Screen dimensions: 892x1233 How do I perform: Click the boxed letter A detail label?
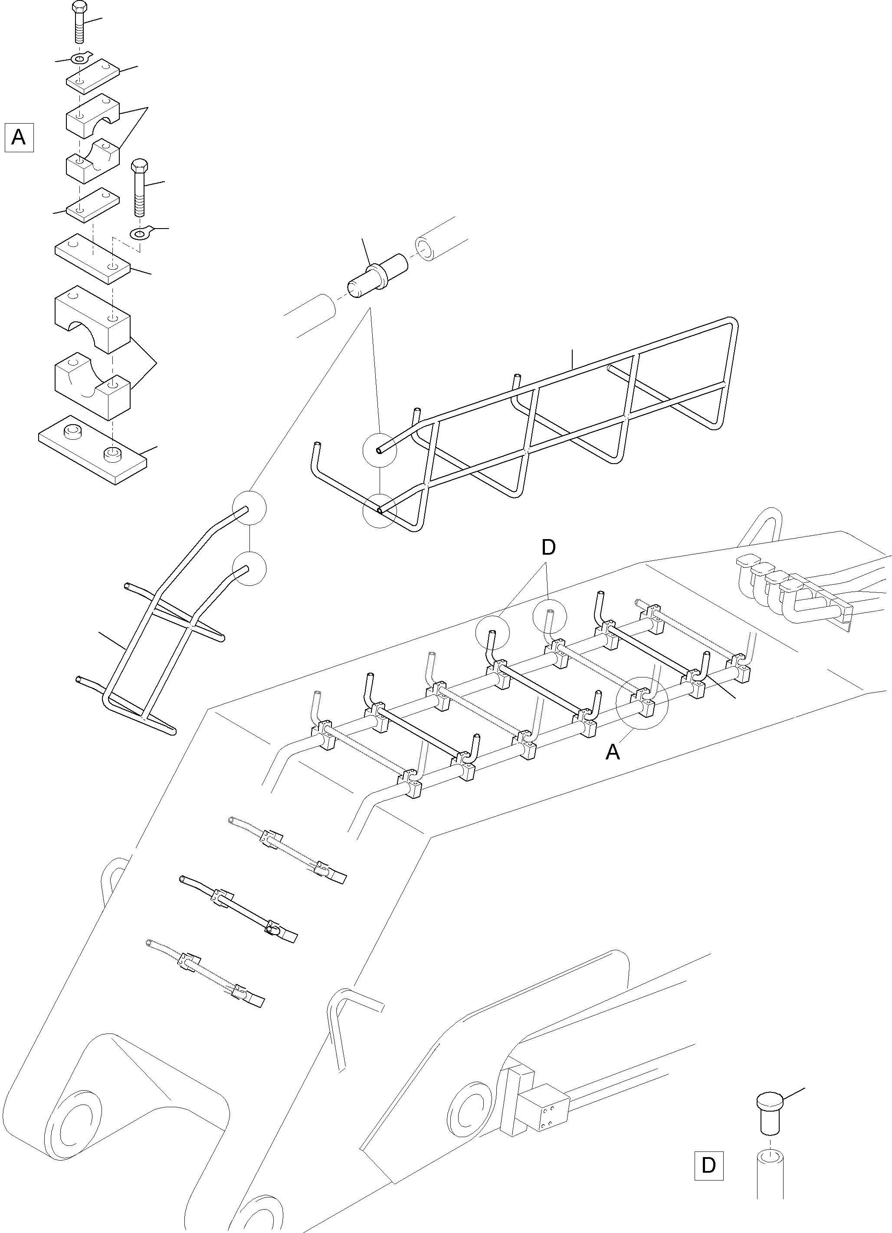click(x=19, y=137)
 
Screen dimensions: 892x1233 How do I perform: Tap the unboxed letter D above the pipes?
click(x=548, y=547)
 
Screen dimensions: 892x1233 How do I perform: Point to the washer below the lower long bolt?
click(x=141, y=234)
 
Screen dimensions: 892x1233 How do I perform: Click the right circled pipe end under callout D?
click(x=549, y=616)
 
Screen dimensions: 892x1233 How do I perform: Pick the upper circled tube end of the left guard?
click(x=249, y=509)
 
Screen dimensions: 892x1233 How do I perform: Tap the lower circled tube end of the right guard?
click(x=380, y=510)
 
